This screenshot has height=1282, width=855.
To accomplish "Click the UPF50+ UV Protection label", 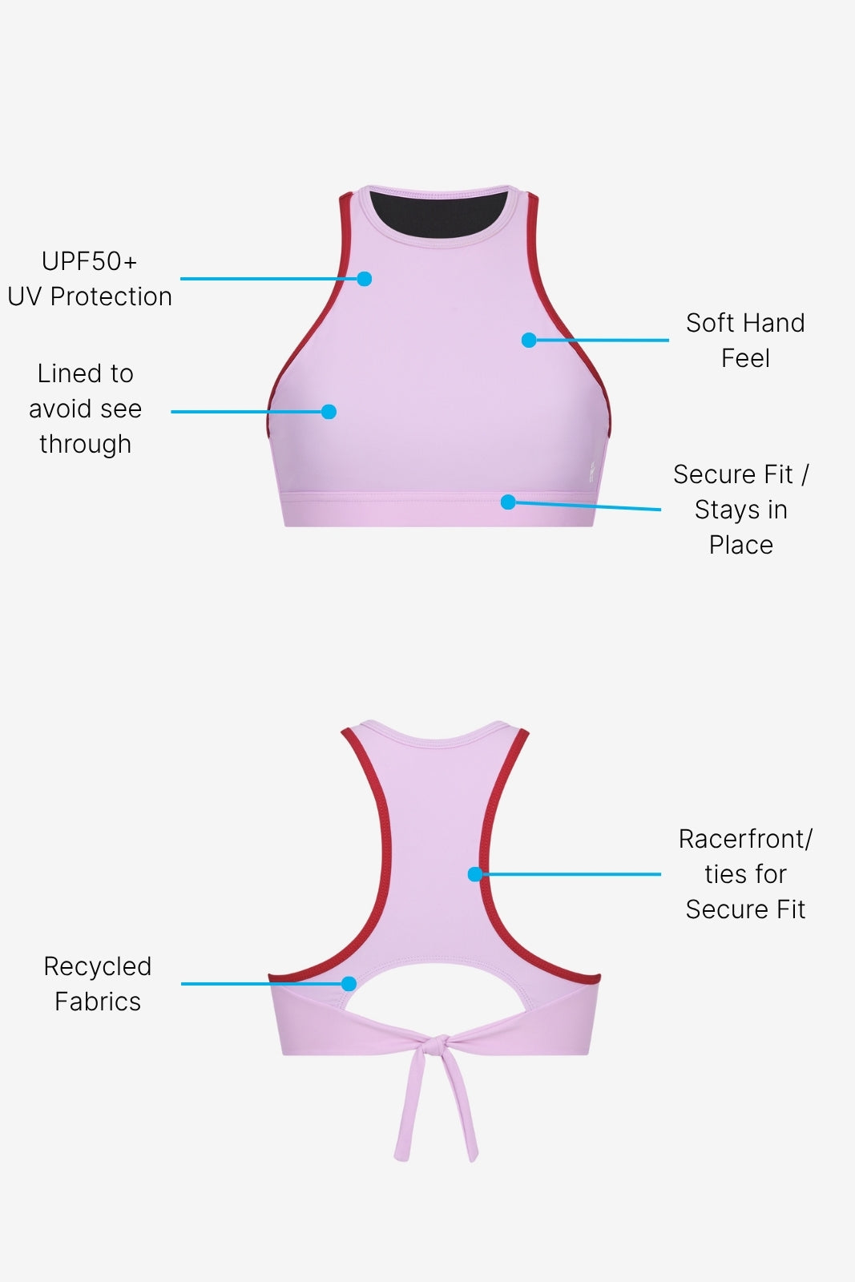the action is tap(90, 280).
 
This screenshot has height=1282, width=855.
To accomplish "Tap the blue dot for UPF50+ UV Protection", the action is tap(365, 279).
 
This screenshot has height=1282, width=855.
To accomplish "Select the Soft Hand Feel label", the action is tap(745, 341).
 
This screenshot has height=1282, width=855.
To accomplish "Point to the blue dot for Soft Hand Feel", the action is tap(529, 340).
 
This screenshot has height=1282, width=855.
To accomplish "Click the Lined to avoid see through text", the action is tap(85, 409).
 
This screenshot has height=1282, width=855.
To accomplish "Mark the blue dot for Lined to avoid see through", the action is tap(329, 412).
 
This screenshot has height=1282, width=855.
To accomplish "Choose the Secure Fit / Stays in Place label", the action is tap(741, 510).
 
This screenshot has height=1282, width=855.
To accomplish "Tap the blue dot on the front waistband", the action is tap(507, 502).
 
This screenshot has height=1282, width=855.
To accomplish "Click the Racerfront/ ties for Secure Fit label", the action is tap(745, 874).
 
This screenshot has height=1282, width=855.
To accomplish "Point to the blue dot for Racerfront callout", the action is tap(475, 874).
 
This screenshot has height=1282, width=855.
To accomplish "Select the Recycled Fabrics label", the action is tap(98, 984).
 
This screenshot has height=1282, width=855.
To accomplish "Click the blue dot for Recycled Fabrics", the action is tap(349, 984).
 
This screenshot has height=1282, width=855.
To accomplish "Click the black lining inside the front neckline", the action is tap(439, 214).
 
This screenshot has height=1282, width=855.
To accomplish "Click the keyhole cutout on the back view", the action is tap(437, 994).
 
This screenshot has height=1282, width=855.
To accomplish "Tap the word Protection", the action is tap(111, 296).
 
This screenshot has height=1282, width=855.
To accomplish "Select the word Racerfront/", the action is tap(745, 839).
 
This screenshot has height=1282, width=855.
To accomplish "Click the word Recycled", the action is tap(98, 966).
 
